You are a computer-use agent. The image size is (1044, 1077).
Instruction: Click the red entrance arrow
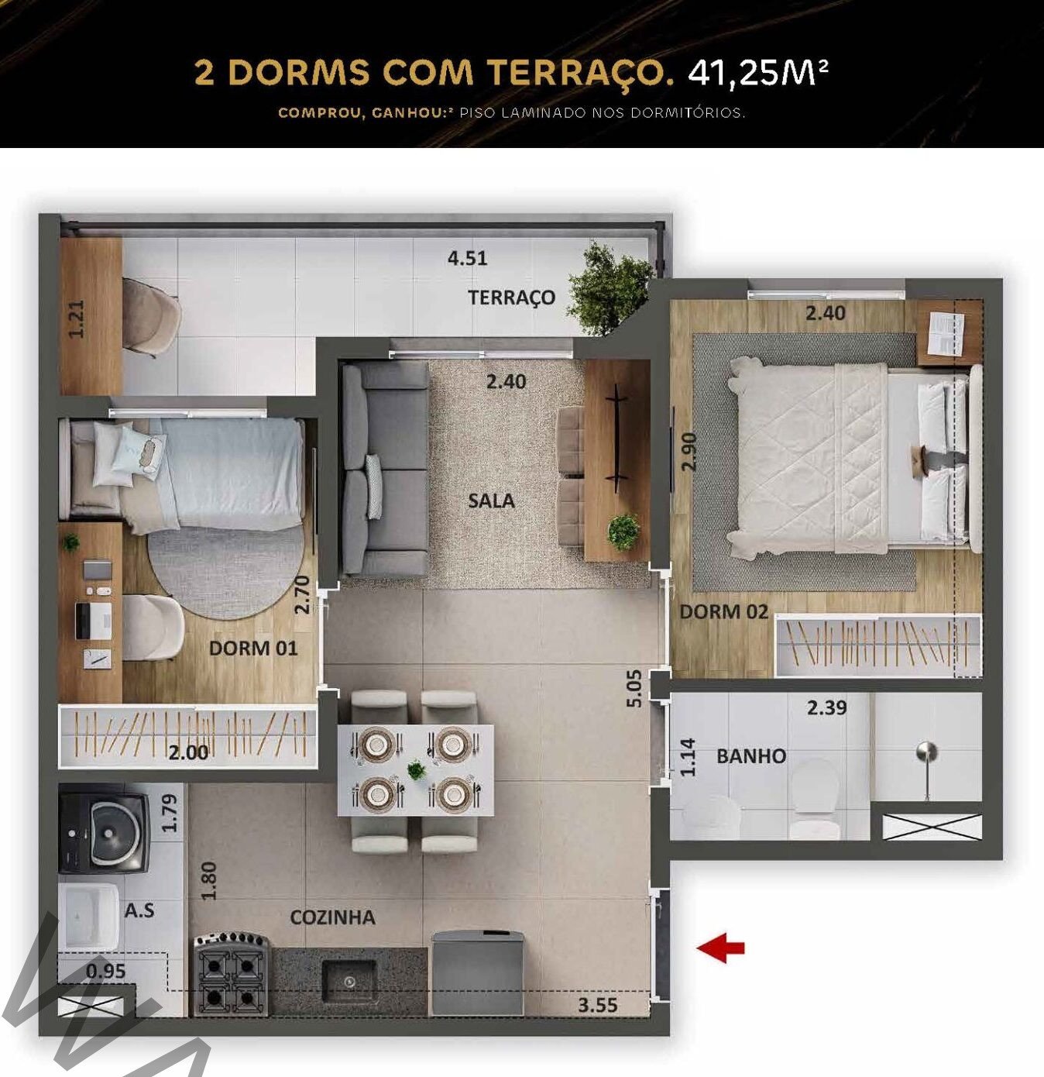click(720, 948)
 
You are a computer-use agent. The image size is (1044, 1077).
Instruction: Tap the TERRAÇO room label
click(511, 298)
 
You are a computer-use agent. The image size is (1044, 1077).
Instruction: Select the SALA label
click(491, 501)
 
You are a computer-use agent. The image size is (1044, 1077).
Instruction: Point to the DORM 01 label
click(252, 648)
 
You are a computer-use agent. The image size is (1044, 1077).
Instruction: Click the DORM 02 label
click(723, 611)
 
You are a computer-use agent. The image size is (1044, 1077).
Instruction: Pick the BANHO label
click(751, 756)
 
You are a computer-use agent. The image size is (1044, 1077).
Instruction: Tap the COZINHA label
click(332, 917)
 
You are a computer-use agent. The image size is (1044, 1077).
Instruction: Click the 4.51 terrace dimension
click(468, 259)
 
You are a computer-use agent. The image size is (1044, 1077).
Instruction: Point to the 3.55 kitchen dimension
click(598, 1004)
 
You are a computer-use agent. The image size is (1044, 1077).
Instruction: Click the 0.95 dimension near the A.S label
click(105, 971)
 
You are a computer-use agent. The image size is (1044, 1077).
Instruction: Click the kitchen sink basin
click(349, 980)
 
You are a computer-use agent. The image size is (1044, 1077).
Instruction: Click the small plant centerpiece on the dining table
click(415, 770)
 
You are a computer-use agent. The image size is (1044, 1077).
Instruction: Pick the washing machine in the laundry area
click(104, 828)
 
